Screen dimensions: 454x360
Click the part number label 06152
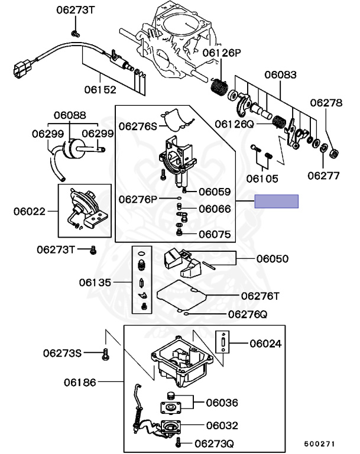click(x=100, y=90)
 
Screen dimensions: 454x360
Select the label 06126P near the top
click(x=222, y=53)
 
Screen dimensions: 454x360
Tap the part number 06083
click(x=280, y=75)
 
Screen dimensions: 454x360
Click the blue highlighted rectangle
click(x=277, y=202)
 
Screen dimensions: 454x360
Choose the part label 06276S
click(x=138, y=126)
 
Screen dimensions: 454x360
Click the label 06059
click(x=215, y=192)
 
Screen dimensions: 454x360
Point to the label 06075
click(x=215, y=234)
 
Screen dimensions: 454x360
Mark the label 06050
click(x=273, y=258)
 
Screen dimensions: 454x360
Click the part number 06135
click(x=95, y=283)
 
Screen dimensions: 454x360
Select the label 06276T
click(x=261, y=295)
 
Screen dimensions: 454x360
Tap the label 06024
click(x=265, y=343)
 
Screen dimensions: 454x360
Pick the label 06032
click(x=222, y=424)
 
